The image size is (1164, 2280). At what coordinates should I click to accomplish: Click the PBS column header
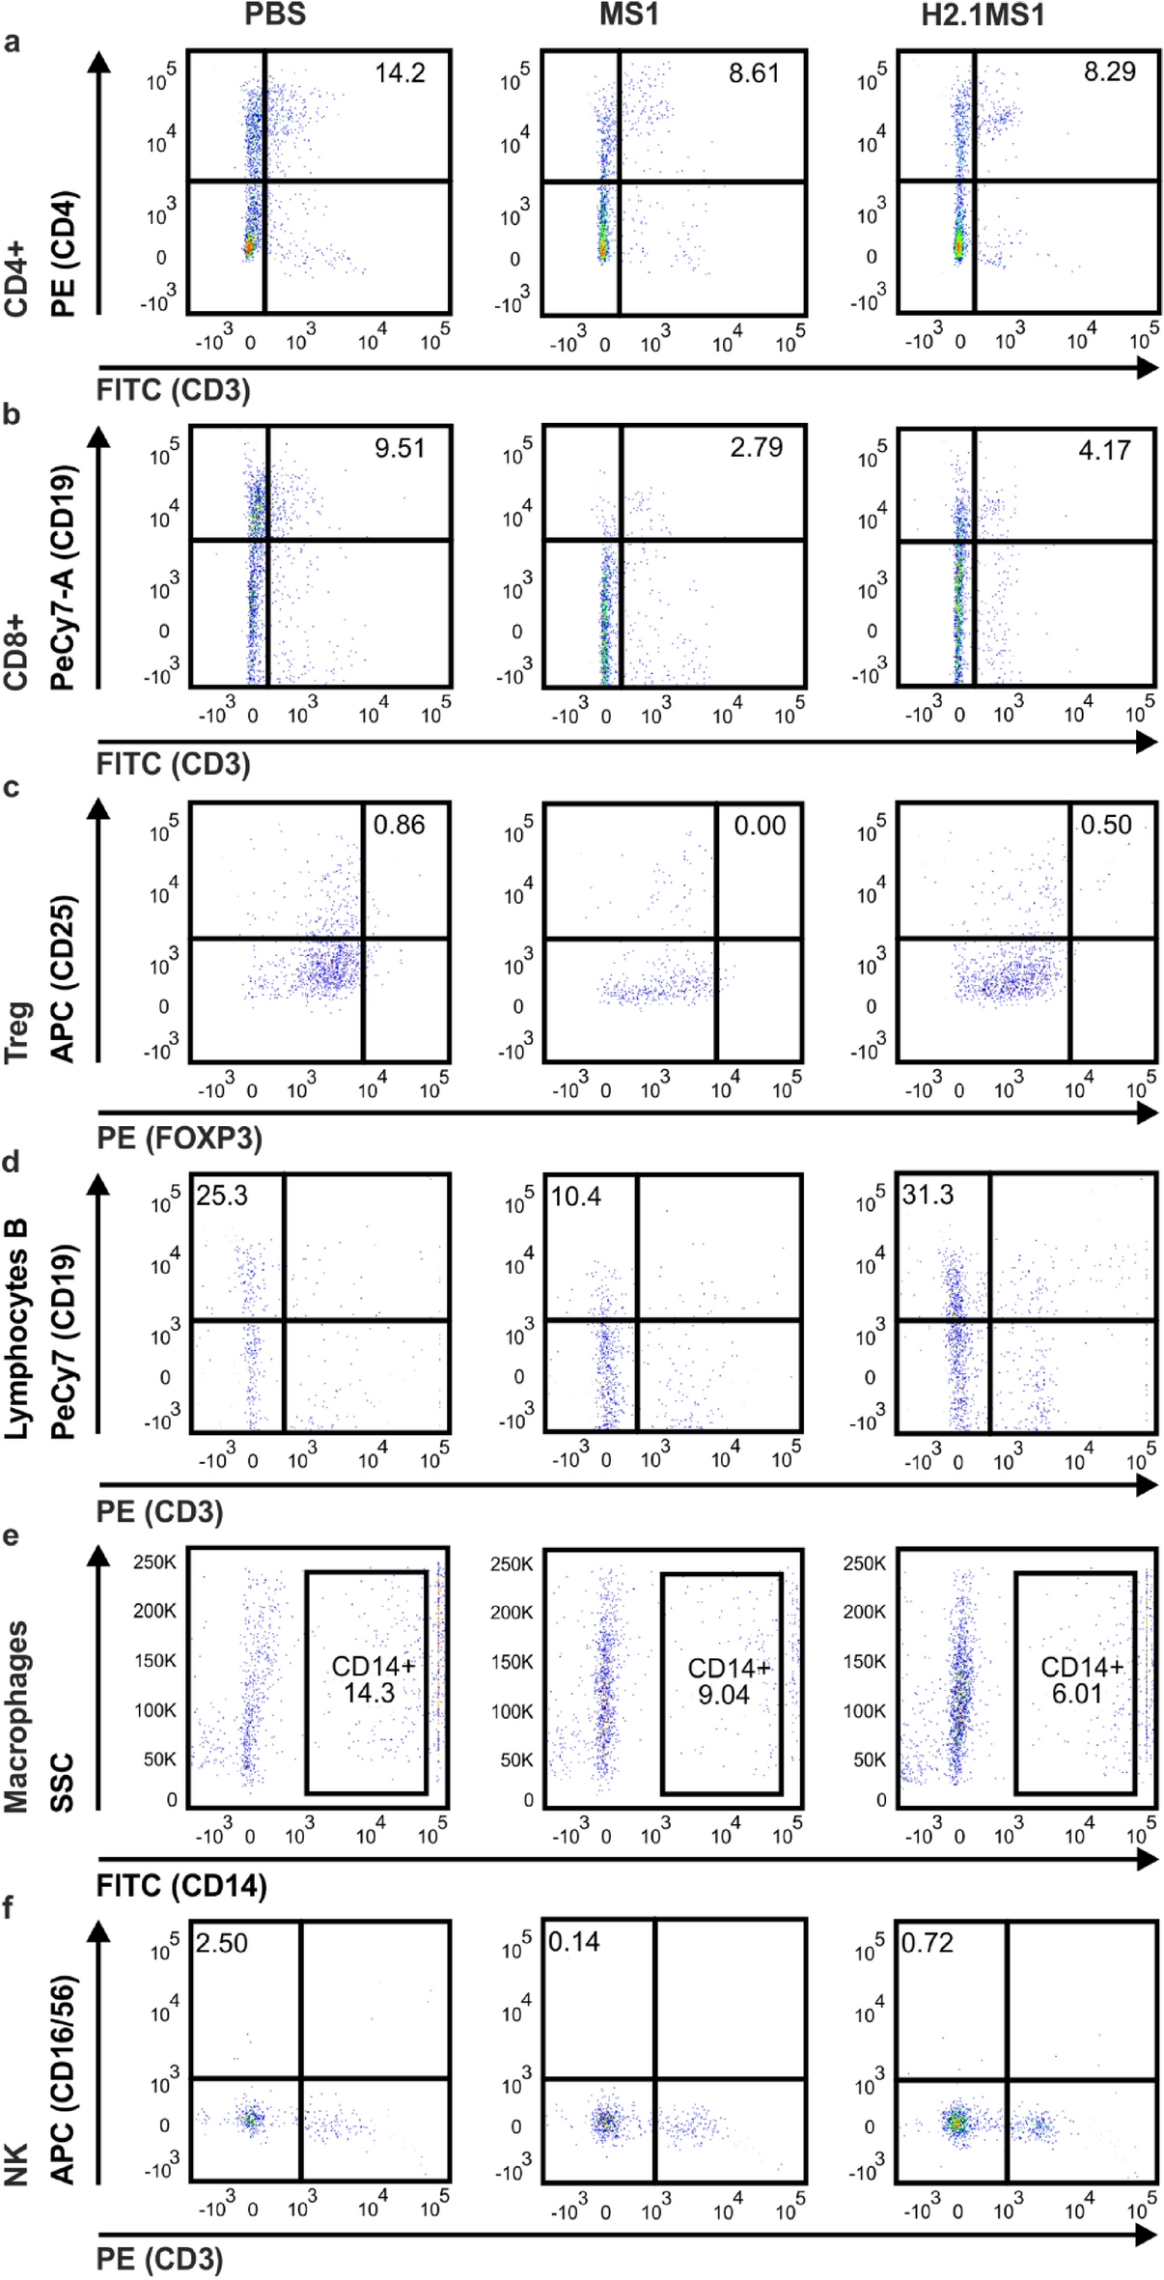[275, 15]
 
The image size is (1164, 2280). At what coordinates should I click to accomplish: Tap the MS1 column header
[628, 16]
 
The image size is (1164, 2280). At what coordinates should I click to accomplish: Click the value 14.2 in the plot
[400, 73]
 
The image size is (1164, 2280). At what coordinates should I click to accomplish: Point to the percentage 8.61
[754, 73]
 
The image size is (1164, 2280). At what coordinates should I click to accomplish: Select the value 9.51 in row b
[400, 448]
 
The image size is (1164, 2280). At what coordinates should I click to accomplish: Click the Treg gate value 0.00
[760, 826]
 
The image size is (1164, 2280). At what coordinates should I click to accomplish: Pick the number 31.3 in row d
[928, 1196]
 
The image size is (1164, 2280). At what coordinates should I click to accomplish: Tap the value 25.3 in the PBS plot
[222, 1196]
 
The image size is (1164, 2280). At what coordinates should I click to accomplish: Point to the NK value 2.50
[222, 1943]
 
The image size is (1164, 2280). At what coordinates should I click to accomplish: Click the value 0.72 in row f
[927, 1943]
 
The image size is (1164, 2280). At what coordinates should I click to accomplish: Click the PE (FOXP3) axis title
[180, 1139]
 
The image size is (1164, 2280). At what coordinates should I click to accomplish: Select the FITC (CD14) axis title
[181, 1886]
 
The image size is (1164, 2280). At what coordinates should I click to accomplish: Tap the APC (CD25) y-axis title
[63, 979]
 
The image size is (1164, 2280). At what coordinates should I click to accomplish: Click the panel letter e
[12, 1535]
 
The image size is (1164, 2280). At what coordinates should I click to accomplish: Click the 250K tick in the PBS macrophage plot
[154, 1562]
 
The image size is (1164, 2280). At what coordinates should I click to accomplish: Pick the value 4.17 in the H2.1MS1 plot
[1104, 450]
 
